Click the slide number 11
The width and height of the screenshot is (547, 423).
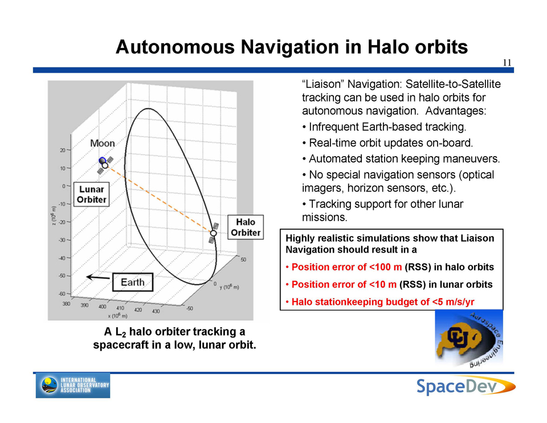pyautogui.click(x=507, y=63)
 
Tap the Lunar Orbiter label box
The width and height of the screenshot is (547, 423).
pyautogui.click(x=91, y=194)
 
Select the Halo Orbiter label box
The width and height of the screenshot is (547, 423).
pyautogui.click(x=246, y=227)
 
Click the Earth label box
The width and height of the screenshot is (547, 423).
pyautogui.click(x=133, y=282)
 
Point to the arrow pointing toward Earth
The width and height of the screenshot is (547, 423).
pyautogui.click(x=98, y=278)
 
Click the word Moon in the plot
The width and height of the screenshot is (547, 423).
pyautogui.click(x=102, y=143)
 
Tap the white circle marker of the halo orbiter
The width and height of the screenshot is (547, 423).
pyautogui.click(x=214, y=233)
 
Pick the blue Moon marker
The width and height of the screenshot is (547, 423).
pyautogui.click(x=102, y=161)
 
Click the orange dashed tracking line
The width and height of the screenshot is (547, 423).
pyautogui.click(x=159, y=199)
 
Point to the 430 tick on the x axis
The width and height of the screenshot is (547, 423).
pyautogui.click(x=156, y=311)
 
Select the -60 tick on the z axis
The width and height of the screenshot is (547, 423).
pyautogui.click(x=62, y=294)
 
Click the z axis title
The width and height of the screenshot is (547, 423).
pyautogui.click(x=54, y=215)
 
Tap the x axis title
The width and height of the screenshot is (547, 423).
pyautogui.click(x=117, y=316)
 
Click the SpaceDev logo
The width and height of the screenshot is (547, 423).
pyautogui.click(x=466, y=385)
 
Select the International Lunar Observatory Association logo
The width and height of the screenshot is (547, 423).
pyautogui.click(x=73, y=385)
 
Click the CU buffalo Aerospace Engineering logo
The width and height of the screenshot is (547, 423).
pyautogui.click(x=469, y=339)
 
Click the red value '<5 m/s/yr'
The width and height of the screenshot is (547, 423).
pyautogui.click(x=453, y=302)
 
